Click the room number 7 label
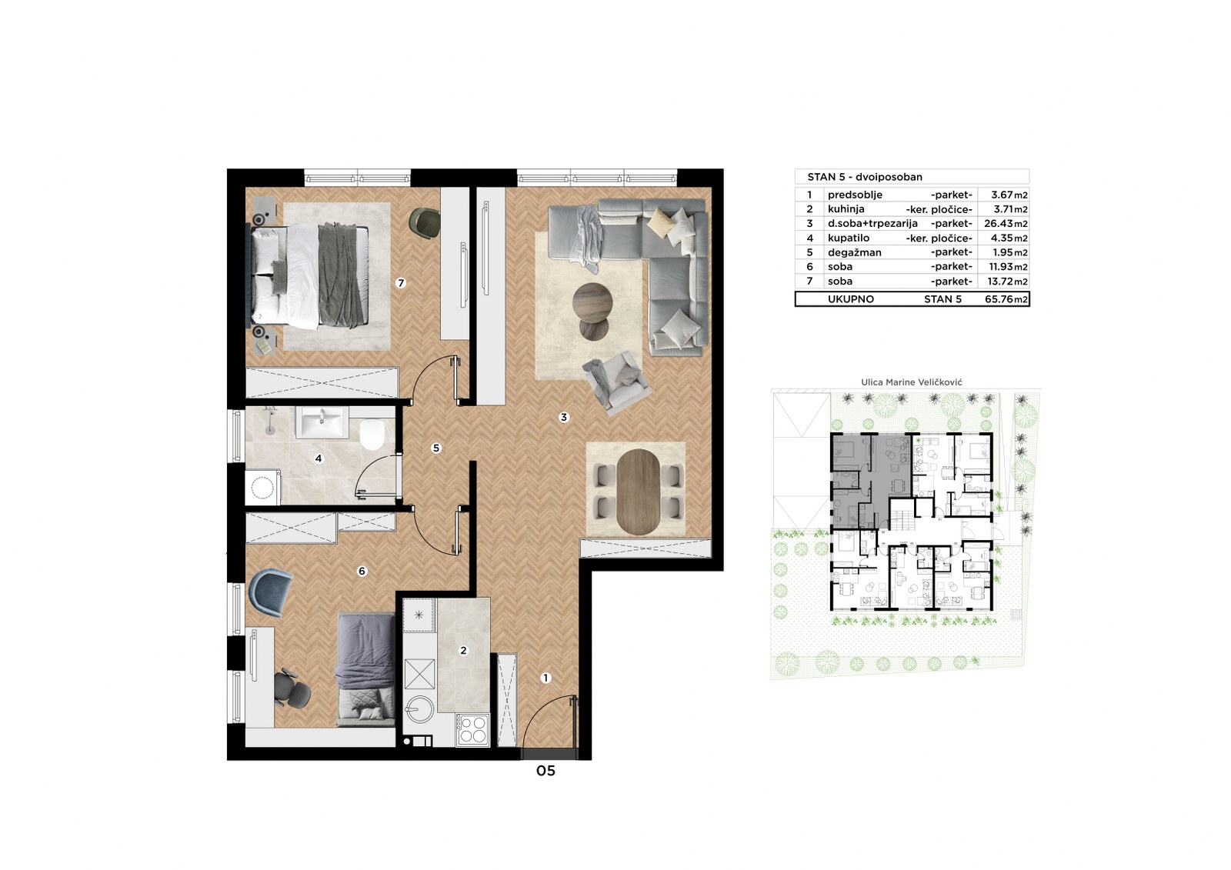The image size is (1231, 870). (401, 283)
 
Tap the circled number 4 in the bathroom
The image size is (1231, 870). (319, 458)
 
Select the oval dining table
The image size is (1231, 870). (638, 492)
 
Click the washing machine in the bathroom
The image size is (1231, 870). (263, 487)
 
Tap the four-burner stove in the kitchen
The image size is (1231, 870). (473, 729)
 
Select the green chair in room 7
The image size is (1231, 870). (425, 222)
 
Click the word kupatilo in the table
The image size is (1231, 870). (849, 238)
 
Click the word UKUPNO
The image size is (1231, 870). (851, 299)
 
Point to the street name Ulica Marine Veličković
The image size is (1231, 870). (912, 382)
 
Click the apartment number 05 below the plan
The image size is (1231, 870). (545, 771)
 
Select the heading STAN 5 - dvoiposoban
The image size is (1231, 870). (865, 177)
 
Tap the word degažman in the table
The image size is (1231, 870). (855, 253)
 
